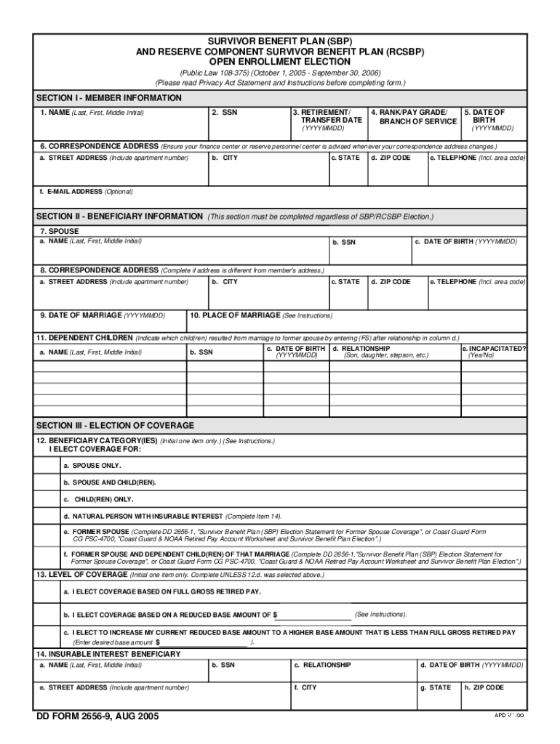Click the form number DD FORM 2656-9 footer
point(97,716)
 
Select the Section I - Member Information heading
point(109,97)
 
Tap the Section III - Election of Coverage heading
point(115,425)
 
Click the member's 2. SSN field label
point(224,113)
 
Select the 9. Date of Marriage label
point(103,315)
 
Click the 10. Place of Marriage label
point(261,315)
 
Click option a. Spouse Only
point(92,465)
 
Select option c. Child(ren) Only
point(98,499)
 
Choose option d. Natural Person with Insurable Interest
point(172,516)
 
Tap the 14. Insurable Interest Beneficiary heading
point(108,654)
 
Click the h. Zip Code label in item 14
point(484,687)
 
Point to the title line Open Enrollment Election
point(280,62)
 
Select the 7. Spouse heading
point(60,231)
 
